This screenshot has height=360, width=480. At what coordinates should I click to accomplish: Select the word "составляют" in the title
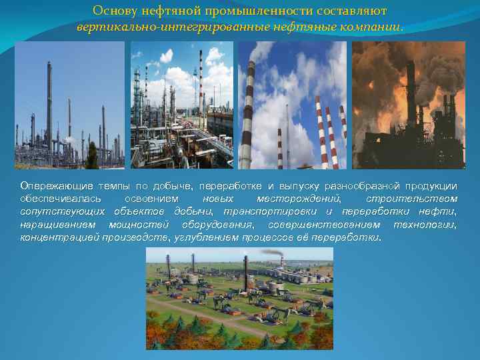[x=352, y=11]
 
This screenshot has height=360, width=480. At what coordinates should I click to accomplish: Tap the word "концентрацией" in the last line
[x=59, y=237]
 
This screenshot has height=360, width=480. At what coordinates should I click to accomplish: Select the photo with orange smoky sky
[x=408, y=105]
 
